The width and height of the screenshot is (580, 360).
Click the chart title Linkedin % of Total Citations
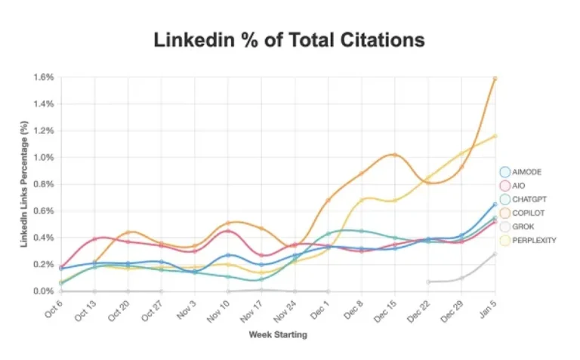click(x=289, y=39)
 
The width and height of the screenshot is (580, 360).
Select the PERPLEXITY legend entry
click(x=535, y=239)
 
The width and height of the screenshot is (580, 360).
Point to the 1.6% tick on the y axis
click(x=43, y=77)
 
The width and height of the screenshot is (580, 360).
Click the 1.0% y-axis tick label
click(x=43, y=158)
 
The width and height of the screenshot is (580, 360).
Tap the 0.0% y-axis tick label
click(x=43, y=291)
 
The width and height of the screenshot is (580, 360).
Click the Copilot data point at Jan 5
click(x=495, y=78)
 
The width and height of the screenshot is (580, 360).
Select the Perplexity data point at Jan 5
click(x=495, y=136)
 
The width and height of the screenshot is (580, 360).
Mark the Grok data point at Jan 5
click(x=495, y=254)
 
